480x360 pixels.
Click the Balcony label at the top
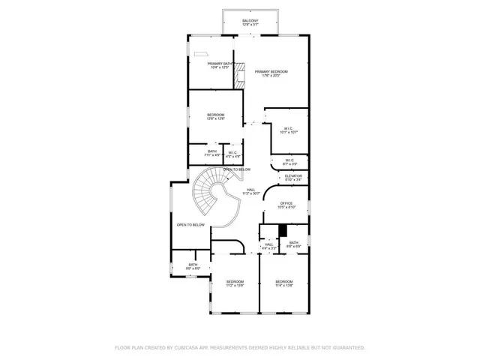(250, 22)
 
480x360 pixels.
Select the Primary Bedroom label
(271, 73)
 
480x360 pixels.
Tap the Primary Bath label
(220, 65)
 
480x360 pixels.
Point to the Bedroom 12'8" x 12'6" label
(215, 116)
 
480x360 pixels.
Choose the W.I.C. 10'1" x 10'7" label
(289, 130)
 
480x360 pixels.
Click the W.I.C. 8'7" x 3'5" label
(289, 161)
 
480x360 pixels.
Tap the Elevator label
(292, 178)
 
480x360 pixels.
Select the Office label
(286, 205)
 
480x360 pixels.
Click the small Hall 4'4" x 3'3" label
(268, 246)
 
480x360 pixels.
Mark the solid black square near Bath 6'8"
(283, 231)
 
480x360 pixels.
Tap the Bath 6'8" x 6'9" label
(294, 244)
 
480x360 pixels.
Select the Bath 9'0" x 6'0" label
(193, 265)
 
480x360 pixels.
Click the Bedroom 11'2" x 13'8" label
(235, 283)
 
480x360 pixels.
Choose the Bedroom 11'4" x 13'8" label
(283, 283)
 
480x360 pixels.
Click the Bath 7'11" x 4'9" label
(214, 154)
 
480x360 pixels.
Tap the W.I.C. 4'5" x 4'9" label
(233, 154)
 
